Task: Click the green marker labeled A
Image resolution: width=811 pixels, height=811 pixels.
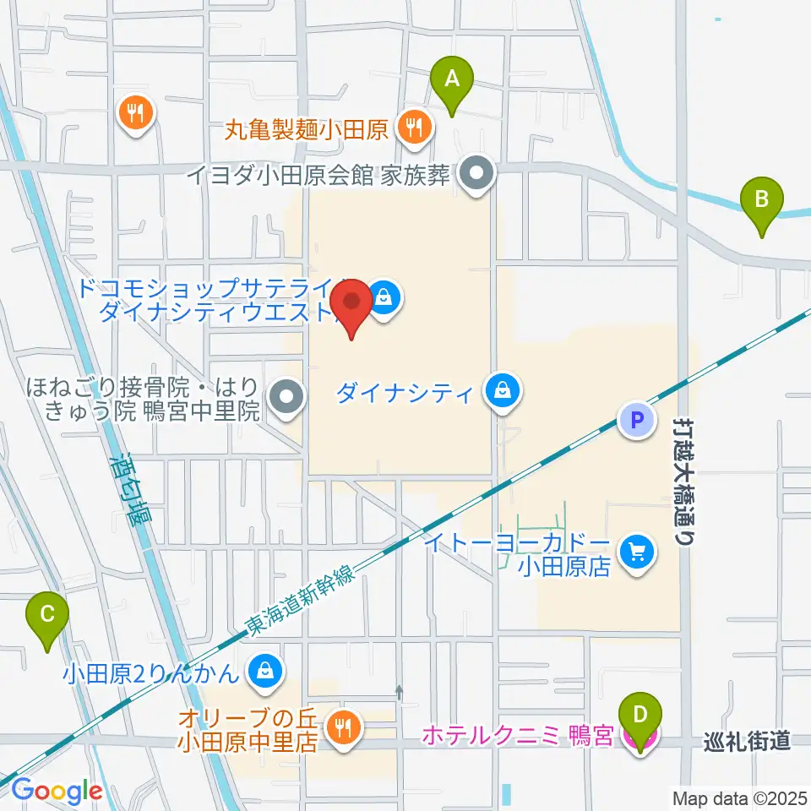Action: [452, 80]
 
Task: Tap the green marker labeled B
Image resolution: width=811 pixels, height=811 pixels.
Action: [761, 201]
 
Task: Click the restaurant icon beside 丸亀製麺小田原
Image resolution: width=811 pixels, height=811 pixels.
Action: [414, 128]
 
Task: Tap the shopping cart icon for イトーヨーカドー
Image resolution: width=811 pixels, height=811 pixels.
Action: [635, 553]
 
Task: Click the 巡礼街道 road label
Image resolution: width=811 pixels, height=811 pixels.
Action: [747, 742]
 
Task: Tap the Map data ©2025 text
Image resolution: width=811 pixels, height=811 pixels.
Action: [738, 797]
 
